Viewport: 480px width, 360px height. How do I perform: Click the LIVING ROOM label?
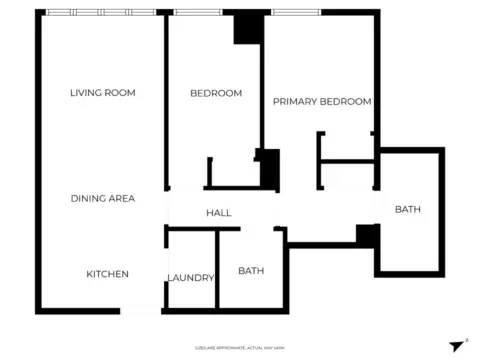click(102, 93)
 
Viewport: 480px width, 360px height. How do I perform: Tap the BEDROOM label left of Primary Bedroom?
click(216, 93)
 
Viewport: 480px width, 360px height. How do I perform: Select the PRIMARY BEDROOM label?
click(322, 101)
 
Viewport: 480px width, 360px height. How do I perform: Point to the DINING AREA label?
click(102, 198)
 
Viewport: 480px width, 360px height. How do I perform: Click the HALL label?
click(218, 213)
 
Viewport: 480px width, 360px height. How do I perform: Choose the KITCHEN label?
click(107, 274)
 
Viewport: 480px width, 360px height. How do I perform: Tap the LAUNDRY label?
click(190, 278)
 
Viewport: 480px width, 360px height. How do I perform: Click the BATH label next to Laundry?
click(250, 270)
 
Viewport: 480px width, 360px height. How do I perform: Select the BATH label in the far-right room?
click(407, 209)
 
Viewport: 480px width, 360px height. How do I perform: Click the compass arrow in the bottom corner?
click(458, 344)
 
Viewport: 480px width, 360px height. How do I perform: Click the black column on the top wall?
click(247, 28)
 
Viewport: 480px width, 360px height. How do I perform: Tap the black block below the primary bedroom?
click(367, 236)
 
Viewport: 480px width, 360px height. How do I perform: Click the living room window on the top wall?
click(101, 12)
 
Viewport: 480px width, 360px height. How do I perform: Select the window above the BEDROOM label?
click(198, 12)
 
